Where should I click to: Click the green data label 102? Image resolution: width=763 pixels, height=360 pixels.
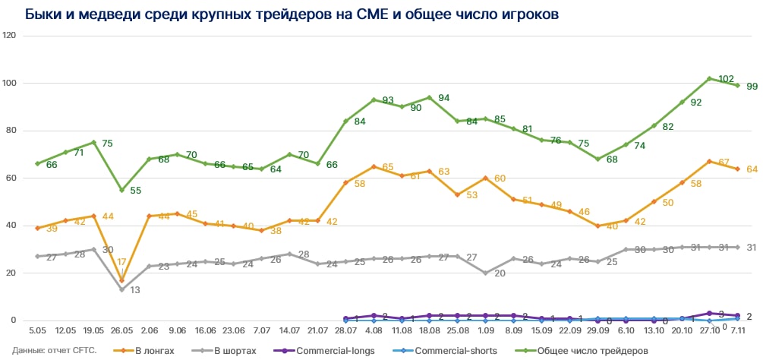725,79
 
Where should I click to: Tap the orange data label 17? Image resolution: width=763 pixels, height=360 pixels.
121,263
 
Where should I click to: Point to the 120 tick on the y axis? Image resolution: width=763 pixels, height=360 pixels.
10,36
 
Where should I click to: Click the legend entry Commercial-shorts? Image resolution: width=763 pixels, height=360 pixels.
454,350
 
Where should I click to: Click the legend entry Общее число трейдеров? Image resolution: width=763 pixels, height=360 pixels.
592,350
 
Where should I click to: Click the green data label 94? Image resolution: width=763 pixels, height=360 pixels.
444,98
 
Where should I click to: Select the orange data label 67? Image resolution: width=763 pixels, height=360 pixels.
724,162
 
